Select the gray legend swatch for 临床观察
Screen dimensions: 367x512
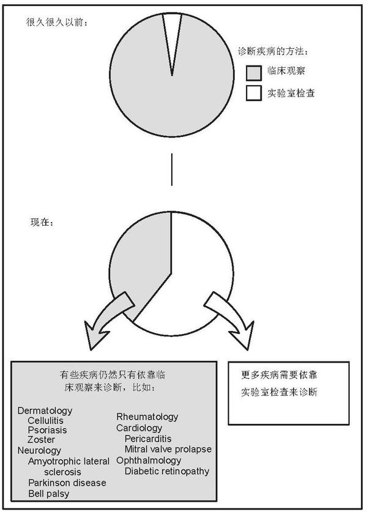coord(254,73)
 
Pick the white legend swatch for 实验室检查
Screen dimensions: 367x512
coord(254,93)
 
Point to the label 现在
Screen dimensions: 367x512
coord(43,220)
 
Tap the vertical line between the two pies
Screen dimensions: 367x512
coord(172,169)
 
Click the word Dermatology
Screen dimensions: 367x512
coord(45,411)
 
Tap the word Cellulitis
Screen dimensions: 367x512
coord(45,421)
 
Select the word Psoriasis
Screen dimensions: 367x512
coord(46,430)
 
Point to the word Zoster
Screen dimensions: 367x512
coord(41,440)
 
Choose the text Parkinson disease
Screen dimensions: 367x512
coord(67,483)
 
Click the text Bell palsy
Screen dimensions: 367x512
coord(48,493)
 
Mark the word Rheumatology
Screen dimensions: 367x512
coord(147,417)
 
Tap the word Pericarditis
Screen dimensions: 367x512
coord(148,439)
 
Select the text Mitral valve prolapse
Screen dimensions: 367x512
coord(168,449)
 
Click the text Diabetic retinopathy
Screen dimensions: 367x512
coord(167,471)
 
